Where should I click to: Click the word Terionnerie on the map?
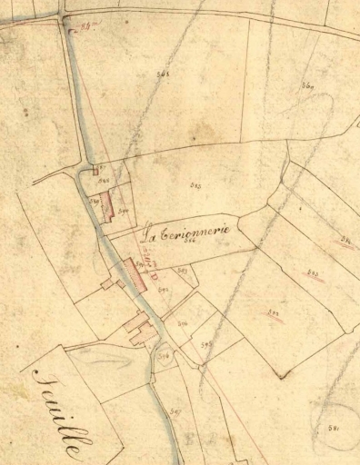point(196,232)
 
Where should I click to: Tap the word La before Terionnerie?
point(151,235)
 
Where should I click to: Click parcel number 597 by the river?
point(175,412)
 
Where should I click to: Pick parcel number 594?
point(182,322)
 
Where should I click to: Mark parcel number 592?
point(163,289)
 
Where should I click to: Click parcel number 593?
point(183,270)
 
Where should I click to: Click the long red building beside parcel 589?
point(106,206)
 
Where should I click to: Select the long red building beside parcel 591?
point(134,275)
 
